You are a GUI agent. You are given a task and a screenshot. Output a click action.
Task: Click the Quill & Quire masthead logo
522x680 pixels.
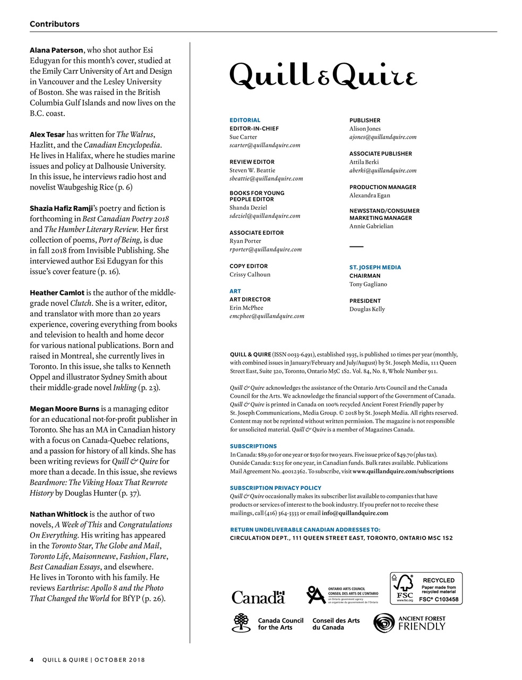coord(323,75)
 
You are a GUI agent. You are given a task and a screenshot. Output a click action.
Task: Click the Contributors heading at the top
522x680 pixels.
coord(55,24)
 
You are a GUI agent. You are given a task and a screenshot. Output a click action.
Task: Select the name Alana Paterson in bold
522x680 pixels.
coord(56,50)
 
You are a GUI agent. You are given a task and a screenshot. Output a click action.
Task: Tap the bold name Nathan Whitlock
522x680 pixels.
coord(58,514)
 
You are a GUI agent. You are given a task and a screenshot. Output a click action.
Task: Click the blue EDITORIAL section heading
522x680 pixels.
coord(245,120)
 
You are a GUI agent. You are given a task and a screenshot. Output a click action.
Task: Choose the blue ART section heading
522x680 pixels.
coord(235,291)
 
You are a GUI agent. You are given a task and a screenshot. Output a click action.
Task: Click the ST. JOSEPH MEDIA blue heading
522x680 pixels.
coord(375,267)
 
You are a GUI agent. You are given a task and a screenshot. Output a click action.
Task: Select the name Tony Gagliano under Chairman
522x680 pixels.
coord(368,284)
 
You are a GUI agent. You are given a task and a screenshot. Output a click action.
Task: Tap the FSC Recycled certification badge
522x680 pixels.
coord(426,588)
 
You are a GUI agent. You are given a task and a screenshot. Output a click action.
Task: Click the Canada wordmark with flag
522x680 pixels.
coord(258,597)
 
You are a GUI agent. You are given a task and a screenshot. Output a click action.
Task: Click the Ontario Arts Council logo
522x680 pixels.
coord(342,595)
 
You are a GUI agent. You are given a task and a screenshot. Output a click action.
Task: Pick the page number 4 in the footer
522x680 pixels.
coord(32,660)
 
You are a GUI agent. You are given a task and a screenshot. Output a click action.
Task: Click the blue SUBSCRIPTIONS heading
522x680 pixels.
coord(253,446)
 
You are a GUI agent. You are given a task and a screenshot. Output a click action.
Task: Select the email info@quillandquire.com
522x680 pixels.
coord(355,513)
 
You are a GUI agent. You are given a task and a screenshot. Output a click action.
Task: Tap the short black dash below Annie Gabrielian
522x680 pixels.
coord(356,246)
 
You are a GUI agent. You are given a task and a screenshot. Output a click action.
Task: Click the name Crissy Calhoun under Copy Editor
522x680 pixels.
coord(250,275)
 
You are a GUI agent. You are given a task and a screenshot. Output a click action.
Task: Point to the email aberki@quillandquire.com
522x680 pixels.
coord(382,171)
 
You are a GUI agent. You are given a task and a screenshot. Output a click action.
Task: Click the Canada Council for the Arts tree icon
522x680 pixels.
coord(241,623)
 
